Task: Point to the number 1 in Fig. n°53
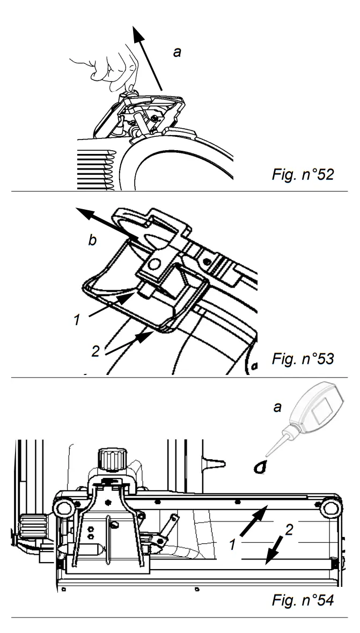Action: pos(78,321)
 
